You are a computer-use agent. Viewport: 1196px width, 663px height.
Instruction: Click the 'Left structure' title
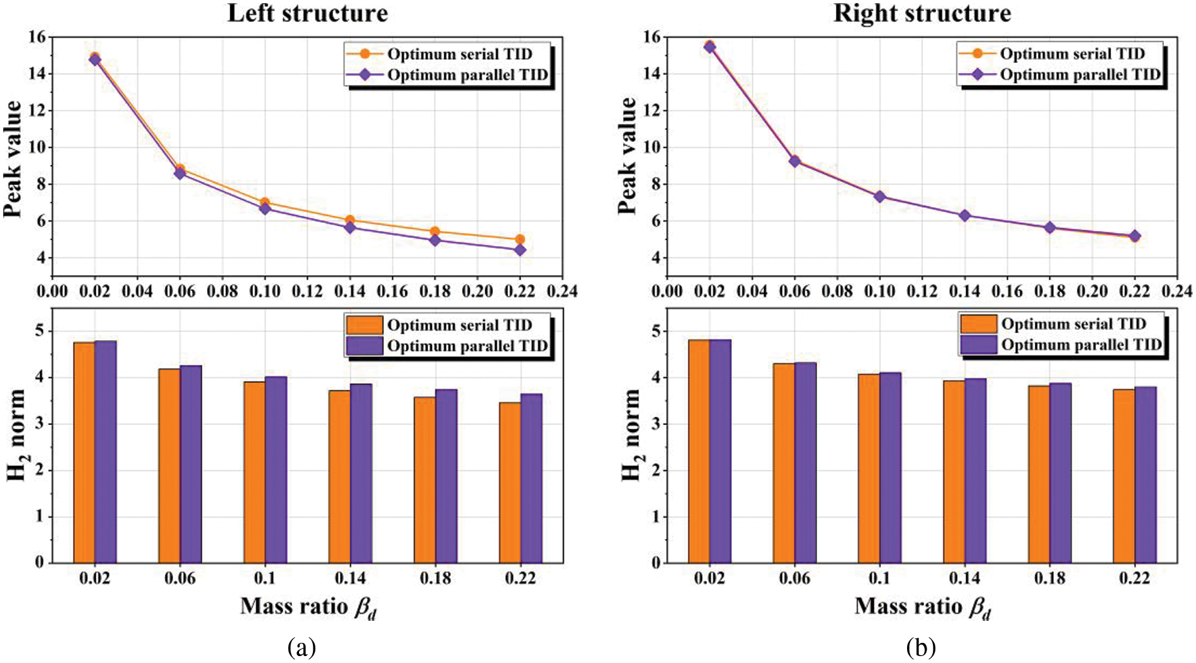click(307, 14)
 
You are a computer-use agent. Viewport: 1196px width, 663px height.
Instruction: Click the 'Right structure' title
click(922, 14)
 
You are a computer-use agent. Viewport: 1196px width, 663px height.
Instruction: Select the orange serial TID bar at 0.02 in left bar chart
click(84, 452)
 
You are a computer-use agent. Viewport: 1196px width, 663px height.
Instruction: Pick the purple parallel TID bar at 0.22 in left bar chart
click(531, 479)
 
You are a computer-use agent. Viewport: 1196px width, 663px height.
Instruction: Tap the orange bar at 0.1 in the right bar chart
click(869, 468)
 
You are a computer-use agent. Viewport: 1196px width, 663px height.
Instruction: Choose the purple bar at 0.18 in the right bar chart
click(1061, 473)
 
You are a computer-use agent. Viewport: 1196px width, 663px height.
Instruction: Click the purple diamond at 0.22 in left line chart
click(520, 250)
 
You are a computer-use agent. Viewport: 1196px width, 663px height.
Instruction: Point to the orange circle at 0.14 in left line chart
click(350, 220)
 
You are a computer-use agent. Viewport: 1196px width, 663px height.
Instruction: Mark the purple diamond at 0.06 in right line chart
click(795, 161)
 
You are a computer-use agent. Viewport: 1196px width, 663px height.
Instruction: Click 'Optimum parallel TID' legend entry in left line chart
click(467, 75)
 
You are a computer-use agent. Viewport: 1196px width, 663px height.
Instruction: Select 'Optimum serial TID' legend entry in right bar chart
click(1073, 324)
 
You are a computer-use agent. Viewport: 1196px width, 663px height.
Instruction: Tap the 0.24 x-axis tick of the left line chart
click(562, 291)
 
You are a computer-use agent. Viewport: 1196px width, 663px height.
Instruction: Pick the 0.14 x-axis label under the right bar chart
click(964, 578)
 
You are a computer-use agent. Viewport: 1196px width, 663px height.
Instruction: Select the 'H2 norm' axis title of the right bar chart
click(631, 434)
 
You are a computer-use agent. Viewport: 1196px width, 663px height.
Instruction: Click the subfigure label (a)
click(302, 647)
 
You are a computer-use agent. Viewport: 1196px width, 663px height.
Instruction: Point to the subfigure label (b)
click(921, 647)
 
